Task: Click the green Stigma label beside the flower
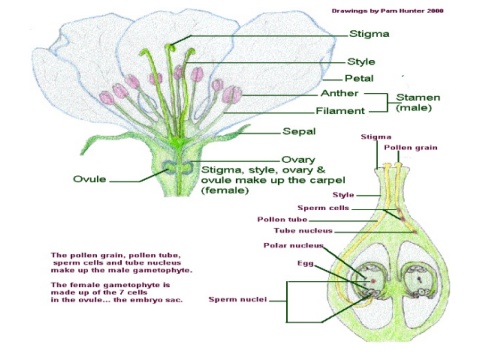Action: [x=369, y=34]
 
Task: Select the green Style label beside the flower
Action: [x=361, y=62]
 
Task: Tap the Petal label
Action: [x=359, y=78]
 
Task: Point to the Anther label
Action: [x=339, y=93]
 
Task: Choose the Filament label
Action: [x=340, y=111]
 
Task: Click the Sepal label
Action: [x=299, y=131]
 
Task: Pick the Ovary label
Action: [x=298, y=160]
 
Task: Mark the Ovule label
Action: [x=90, y=179]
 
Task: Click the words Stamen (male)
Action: [x=418, y=102]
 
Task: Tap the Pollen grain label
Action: [x=411, y=148]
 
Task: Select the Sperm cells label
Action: [x=323, y=208]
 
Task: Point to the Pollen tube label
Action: [x=282, y=219]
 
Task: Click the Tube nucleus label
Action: [x=303, y=231]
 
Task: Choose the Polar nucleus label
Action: [x=293, y=246]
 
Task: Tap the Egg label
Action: [x=305, y=264]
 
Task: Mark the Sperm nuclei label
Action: [x=238, y=299]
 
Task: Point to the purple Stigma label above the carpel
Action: [x=376, y=137]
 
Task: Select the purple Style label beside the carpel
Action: [x=343, y=195]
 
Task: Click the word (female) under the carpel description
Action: [x=225, y=190]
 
